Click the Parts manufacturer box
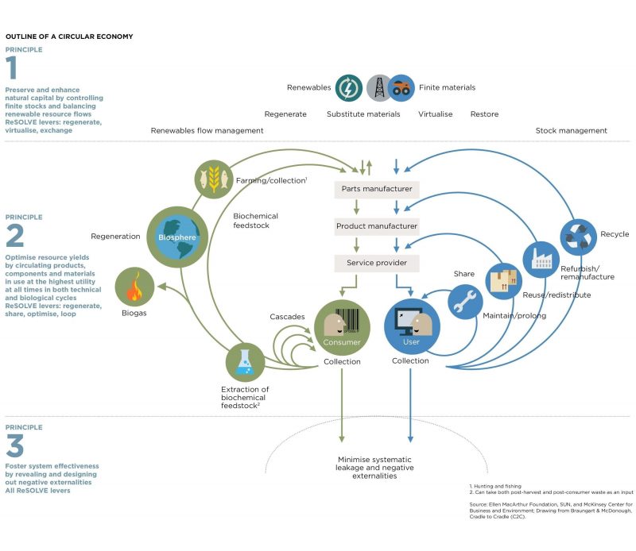point(376,189)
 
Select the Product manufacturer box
point(376,226)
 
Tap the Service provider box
point(376,263)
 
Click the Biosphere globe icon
point(177,237)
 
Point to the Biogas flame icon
point(135,287)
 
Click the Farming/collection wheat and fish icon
point(214,179)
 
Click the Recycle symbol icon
point(578,236)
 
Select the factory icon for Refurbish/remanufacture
point(541,260)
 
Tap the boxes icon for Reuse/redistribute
point(504,282)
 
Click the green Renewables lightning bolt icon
point(349,87)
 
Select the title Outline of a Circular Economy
point(69,37)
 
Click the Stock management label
point(571,130)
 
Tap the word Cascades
point(287,317)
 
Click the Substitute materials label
point(363,114)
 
